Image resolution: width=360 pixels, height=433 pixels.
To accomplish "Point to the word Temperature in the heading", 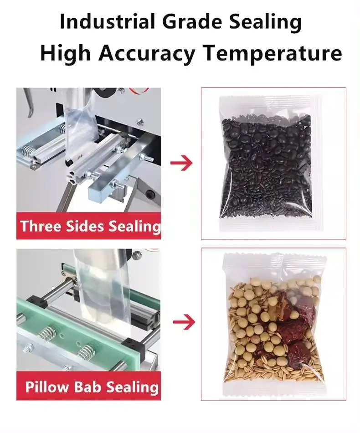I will [x=272, y=53].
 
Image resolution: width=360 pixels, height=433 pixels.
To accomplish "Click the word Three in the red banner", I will [x=40, y=226].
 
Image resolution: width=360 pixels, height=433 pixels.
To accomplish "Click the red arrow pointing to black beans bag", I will [x=181, y=163].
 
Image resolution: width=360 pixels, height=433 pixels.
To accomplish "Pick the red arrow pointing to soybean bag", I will [x=184, y=323].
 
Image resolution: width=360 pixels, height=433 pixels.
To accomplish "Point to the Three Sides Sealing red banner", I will [x=89, y=226].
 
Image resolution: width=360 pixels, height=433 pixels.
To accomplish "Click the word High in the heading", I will [x=66, y=53].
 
